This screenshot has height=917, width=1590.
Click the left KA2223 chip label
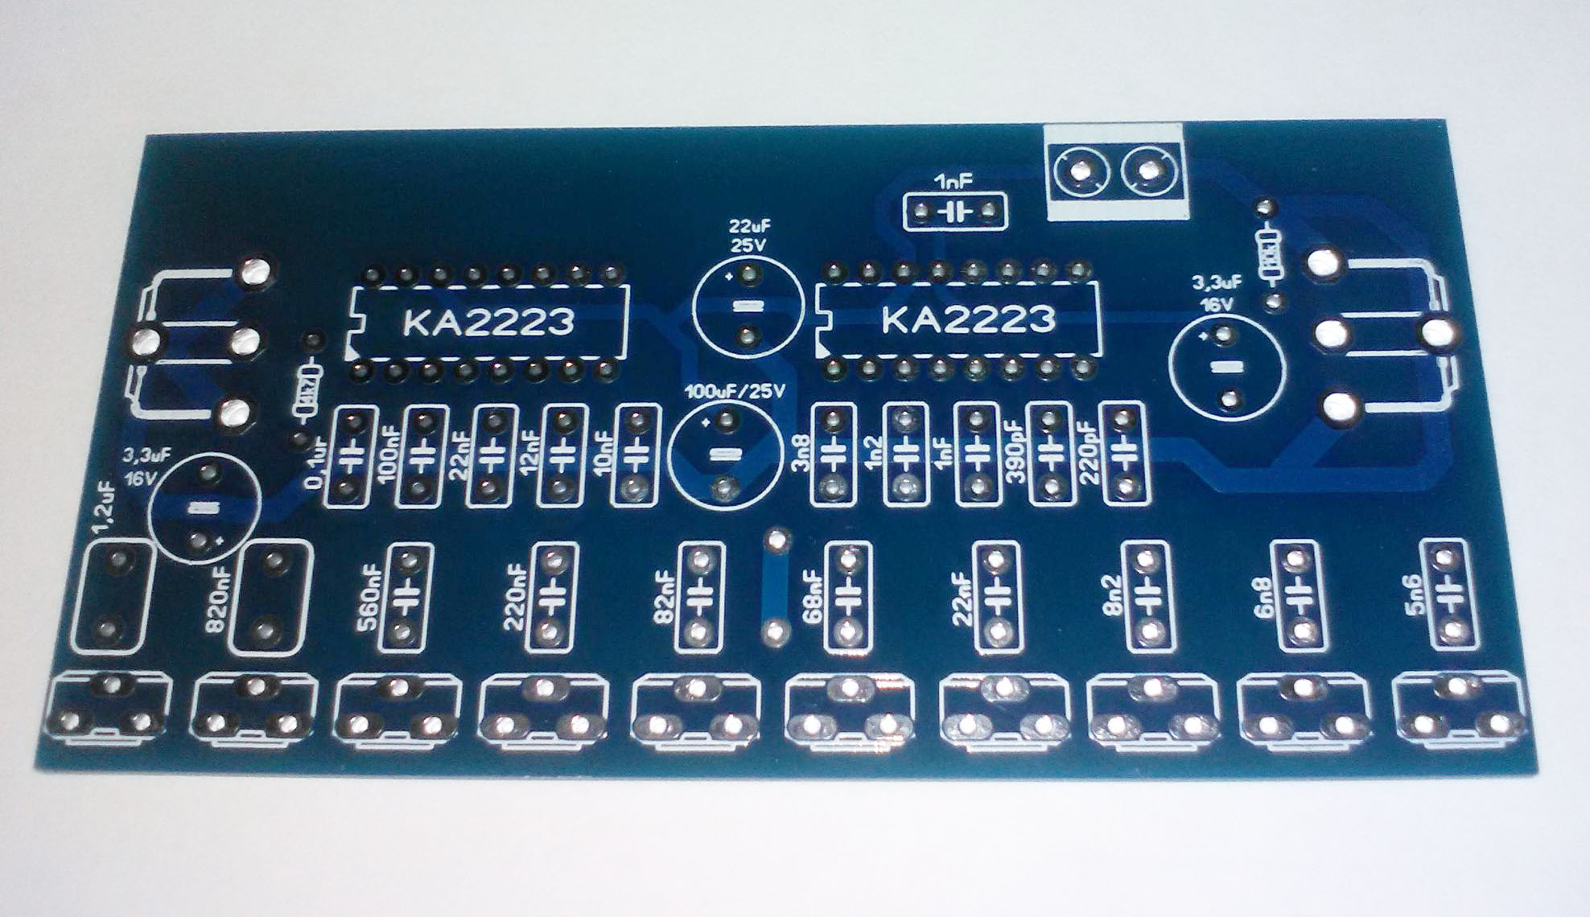[489, 322]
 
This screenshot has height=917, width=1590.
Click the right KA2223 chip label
[968, 319]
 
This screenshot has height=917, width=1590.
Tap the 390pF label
[1015, 454]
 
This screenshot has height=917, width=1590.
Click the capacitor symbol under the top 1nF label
[955, 213]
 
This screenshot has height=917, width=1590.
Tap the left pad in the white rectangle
[1076, 171]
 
